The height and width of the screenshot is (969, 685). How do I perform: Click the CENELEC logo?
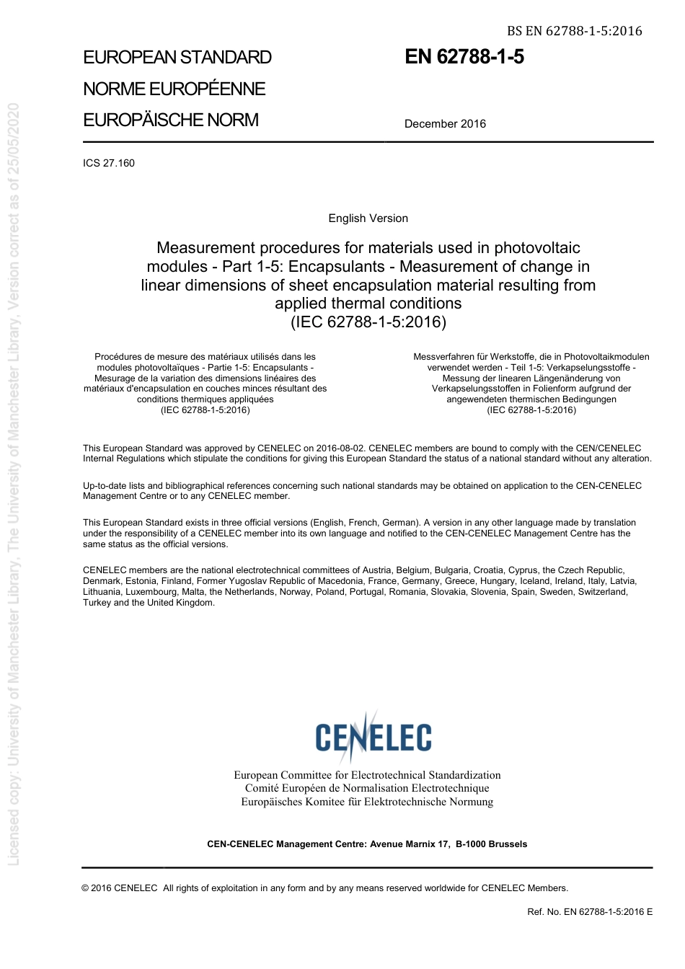pyautogui.click(x=373, y=736)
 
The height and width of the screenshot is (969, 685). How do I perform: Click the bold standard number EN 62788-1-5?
pyautogui.click(x=464, y=57)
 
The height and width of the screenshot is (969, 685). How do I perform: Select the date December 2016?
pyautogui.click(x=445, y=124)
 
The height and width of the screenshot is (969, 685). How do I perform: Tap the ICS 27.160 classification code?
pyautogui.click(x=109, y=163)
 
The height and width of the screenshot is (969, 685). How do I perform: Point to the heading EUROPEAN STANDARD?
pyautogui.click(x=177, y=58)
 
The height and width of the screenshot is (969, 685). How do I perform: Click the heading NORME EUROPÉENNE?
pyautogui.click(x=174, y=89)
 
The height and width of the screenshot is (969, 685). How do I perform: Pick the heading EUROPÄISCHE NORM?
pyautogui.click(x=171, y=120)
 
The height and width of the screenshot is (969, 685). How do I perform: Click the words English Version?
pyautogui.click(x=368, y=218)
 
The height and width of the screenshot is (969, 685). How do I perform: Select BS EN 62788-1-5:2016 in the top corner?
pyautogui.click(x=574, y=31)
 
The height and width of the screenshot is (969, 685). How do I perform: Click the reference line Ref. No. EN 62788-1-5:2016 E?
pyautogui.click(x=590, y=912)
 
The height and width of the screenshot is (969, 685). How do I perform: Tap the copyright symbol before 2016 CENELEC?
pyautogui.click(x=86, y=888)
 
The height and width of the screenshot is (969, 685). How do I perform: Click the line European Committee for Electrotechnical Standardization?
pyautogui.click(x=367, y=775)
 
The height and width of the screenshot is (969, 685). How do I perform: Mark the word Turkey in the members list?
pyautogui.click(x=97, y=603)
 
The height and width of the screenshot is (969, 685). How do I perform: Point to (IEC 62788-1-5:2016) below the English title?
pyautogui.click(x=368, y=322)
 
